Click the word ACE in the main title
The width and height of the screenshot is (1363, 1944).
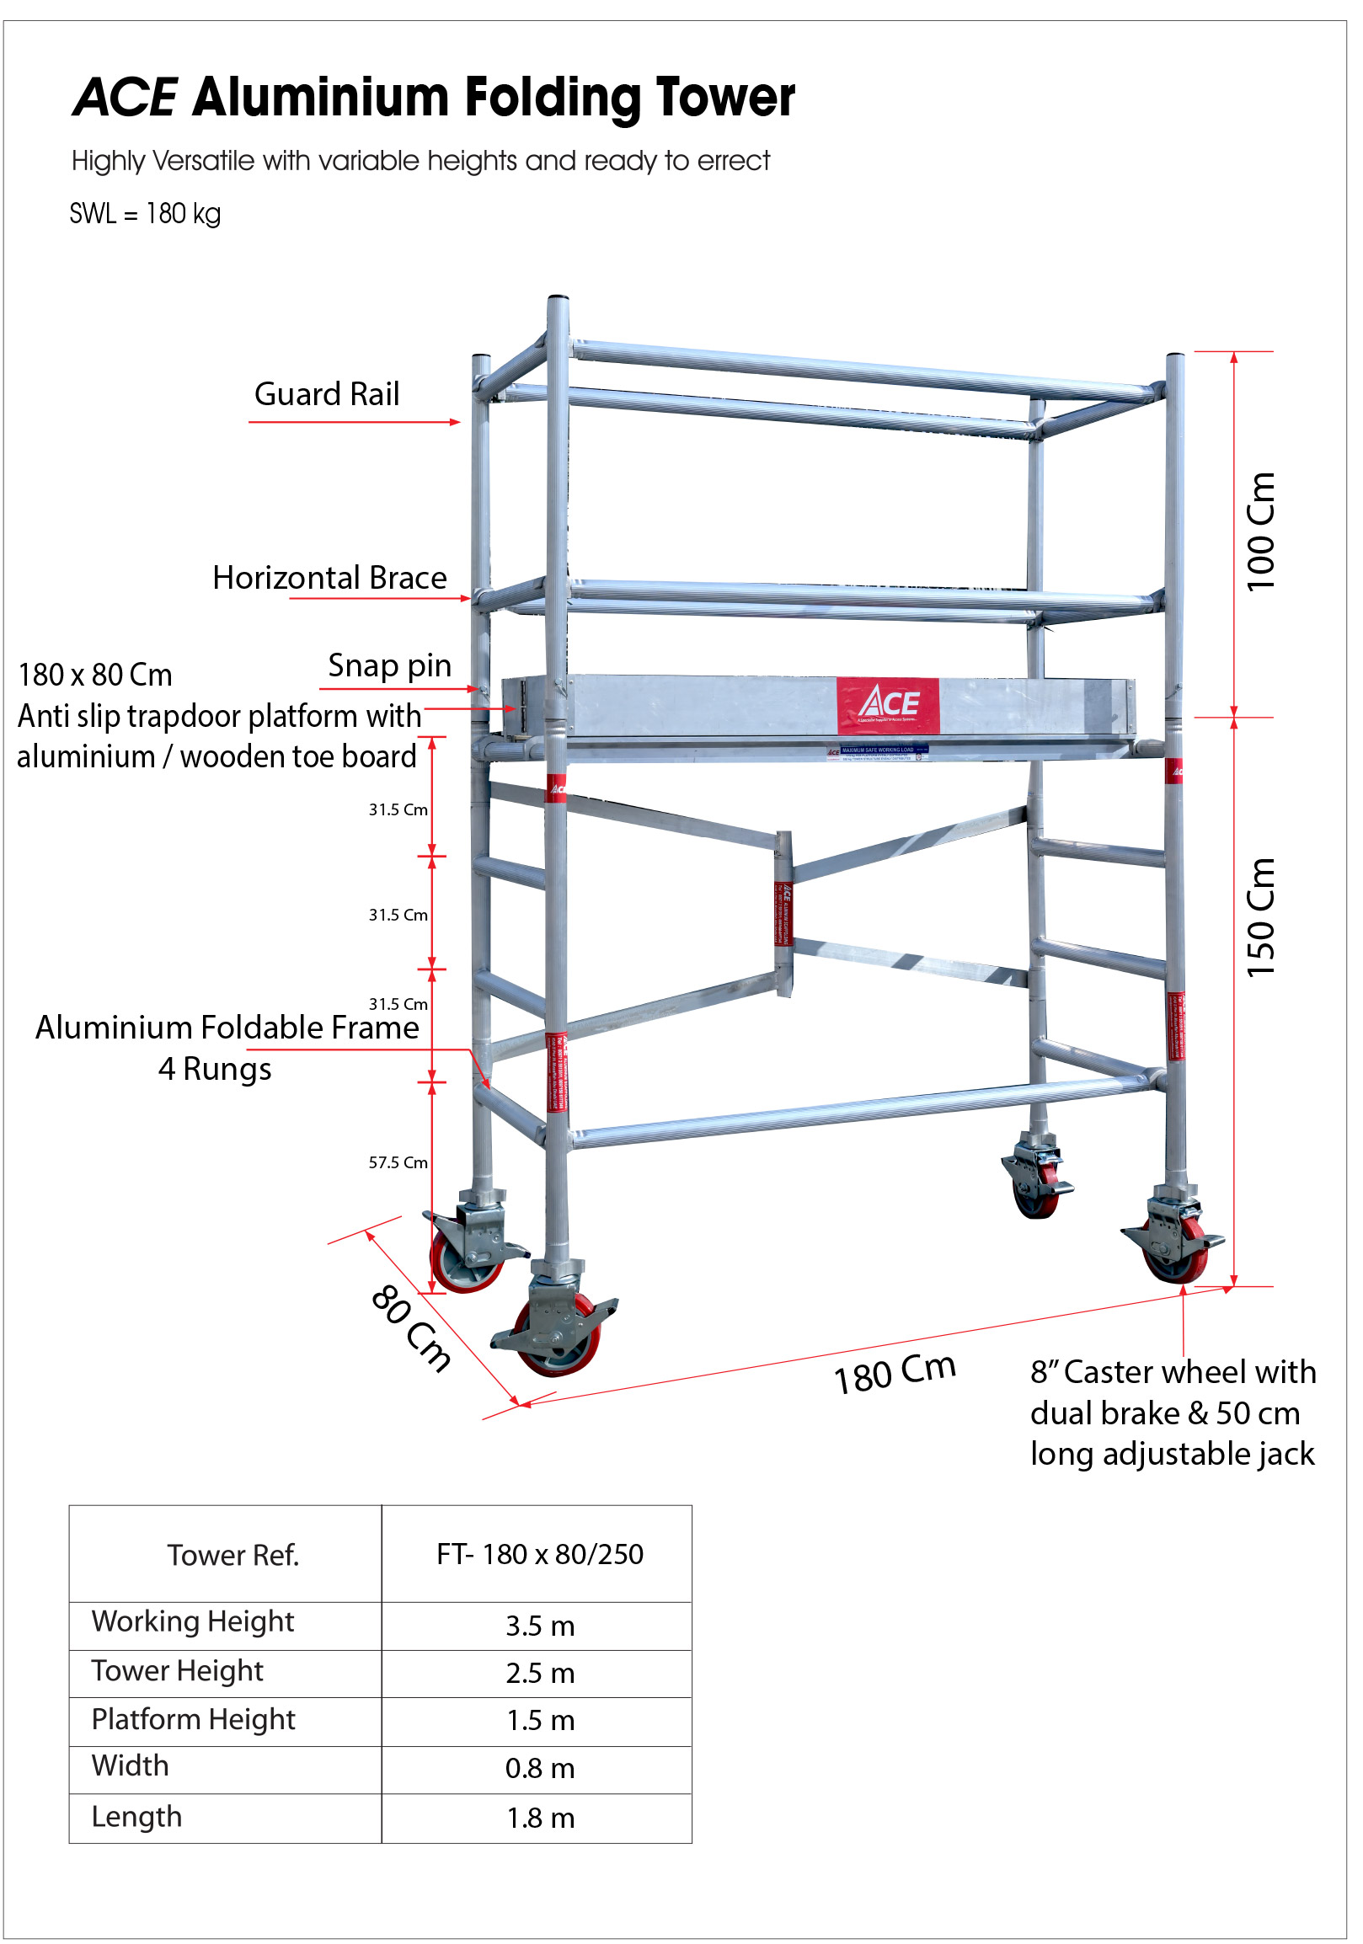pos(126,98)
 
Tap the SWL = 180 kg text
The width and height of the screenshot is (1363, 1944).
pos(145,213)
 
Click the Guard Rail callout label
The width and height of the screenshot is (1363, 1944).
pos(327,394)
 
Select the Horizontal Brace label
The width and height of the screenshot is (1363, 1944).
pos(329,579)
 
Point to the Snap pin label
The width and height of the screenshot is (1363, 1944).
pos(389,666)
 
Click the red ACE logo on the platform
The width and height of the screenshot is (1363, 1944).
pos(887,705)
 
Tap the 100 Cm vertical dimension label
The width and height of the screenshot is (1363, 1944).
pos(1260,531)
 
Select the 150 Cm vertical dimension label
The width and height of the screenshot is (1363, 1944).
pos(1260,918)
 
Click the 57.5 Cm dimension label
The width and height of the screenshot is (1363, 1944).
pos(397,1163)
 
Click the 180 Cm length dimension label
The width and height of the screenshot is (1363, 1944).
pos(895,1373)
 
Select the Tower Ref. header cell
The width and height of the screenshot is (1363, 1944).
pos(233,1557)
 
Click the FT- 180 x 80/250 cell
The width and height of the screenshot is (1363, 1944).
pos(539,1556)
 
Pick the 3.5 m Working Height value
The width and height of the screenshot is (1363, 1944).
pos(539,1626)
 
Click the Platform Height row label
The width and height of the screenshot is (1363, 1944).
pos(193,1720)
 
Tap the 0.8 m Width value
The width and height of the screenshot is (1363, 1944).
pos(539,1769)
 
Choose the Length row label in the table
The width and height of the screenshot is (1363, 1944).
pos(136,1817)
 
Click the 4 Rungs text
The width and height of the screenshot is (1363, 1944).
pos(214,1070)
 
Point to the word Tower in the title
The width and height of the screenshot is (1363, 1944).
pos(724,98)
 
